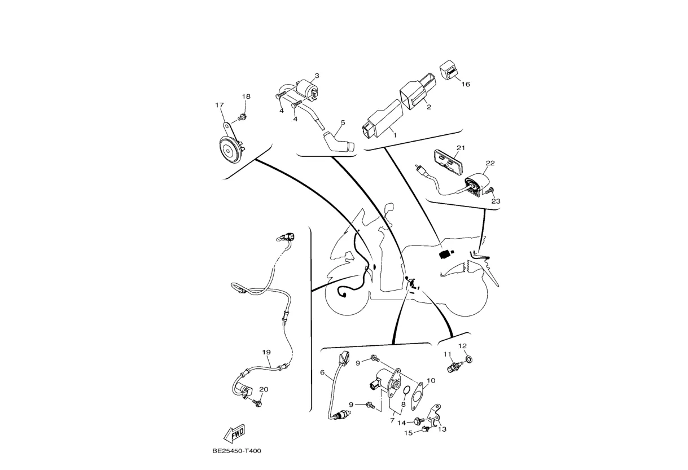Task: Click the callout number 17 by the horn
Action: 220,105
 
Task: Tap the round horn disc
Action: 229,150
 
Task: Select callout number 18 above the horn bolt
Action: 246,96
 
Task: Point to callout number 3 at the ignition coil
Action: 317,76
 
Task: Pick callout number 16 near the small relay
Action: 466,84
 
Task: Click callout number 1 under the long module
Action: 394,135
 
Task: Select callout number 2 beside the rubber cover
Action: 429,107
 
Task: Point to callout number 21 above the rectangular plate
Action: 461,148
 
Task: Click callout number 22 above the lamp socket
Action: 490,163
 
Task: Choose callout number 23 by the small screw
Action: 496,200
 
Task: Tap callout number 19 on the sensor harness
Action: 266,352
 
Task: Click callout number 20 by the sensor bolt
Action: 264,389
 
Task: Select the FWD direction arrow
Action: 234,433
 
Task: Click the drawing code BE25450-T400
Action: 236,451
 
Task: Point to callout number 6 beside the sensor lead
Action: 322,372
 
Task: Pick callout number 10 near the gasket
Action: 431,380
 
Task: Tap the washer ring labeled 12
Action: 470,359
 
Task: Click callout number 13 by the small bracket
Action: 442,429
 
